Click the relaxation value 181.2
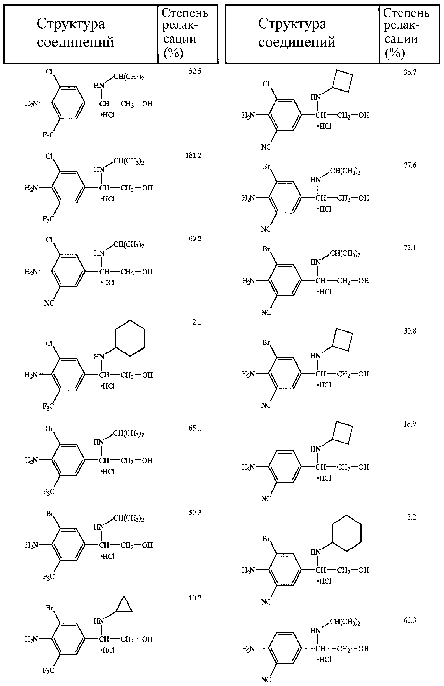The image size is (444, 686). pyautogui.click(x=193, y=155)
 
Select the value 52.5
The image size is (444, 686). pyautogui.click(x=195, y=71)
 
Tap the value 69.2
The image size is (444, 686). pyautogui.click(x=195, y=239)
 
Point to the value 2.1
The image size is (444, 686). pyautogui.click(x=197, y=322)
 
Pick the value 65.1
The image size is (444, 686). pyautogui.click(x=195, y=428)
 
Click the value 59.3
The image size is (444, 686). pyautogui.click(x=195, y=513)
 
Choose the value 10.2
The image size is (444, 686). pyautogui.click(x=195, y=598)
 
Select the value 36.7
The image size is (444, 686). pyautogui.click(x=410, y=72)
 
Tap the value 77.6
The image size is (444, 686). pyautogui.click(x=410, y=165)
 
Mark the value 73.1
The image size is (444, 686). pyautogui.click(x=410, y=248)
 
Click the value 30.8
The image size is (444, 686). pyautogui.click(x=410, y=331)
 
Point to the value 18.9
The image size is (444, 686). pyautogui.click(x=410, y=424)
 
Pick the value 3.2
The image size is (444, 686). pyautogui.click(x=412, y=517)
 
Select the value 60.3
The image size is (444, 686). pyautogui.click(x=410, y=620)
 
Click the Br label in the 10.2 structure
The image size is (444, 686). pyautogui.click(x=50, y=608)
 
